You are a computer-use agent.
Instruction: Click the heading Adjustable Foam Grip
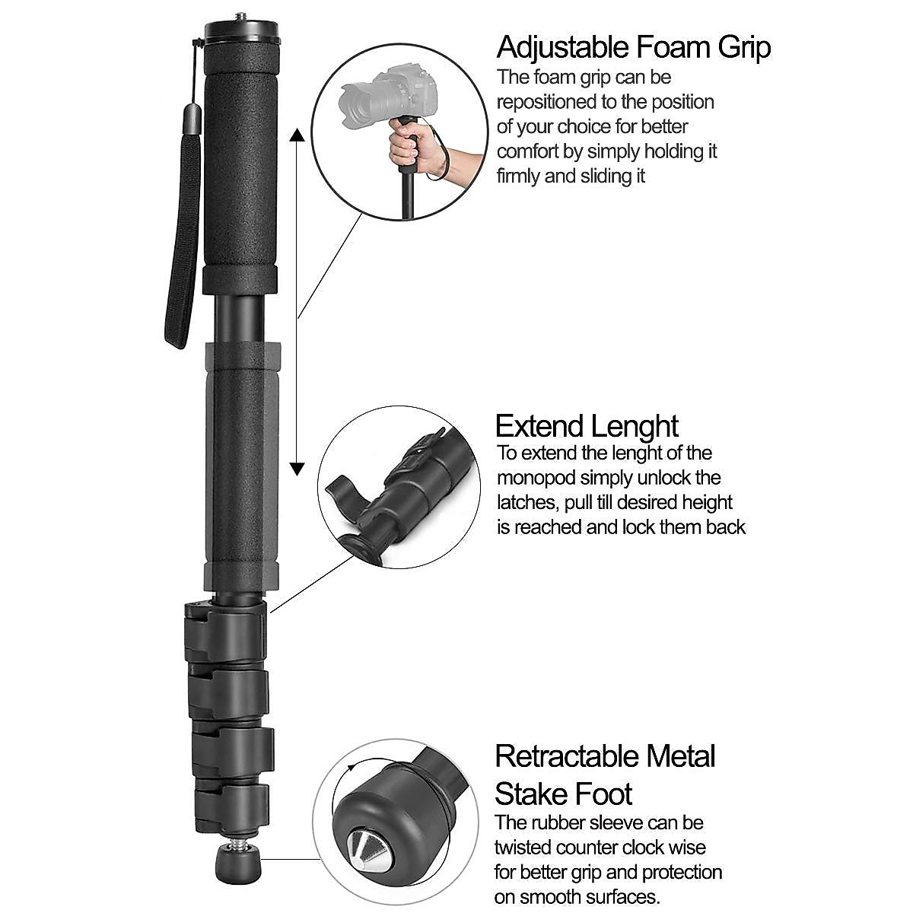pos(633,47)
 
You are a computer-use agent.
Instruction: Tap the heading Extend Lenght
pos(586,426)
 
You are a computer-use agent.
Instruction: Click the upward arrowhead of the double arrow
pos(297,137)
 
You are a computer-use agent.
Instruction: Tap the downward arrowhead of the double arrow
pos(297,467)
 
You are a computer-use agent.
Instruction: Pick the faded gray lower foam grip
pos(242,464)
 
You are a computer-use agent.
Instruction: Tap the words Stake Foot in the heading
pos(563,795)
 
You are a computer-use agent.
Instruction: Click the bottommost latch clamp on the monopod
pos(228,806)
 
